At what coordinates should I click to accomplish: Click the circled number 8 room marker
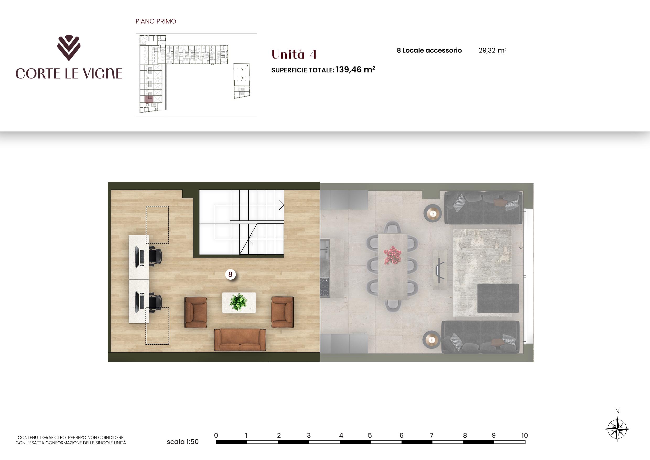tap(230, 274)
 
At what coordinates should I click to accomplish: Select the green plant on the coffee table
tap(239, 302)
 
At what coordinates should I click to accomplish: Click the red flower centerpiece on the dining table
tap(392, 255)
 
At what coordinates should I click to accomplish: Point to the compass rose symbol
tap(617, 429)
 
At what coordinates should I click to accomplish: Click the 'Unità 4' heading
tap(294, 54)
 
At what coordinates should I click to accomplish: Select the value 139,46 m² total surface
tap(355, 70)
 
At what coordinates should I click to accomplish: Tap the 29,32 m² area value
tap(492, 50)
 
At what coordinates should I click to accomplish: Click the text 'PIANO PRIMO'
tap(156, 21)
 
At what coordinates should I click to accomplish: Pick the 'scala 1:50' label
tap(183, 442)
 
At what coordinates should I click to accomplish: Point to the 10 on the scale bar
tap(524, 435)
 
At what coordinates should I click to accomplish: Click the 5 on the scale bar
tap(370, 435)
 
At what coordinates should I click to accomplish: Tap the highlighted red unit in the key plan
tap(149, 99)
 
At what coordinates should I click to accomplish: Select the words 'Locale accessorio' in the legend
tap(432, 50)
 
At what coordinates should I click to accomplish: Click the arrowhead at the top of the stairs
tap(281, 205)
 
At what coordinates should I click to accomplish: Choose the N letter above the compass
tap(617, 411)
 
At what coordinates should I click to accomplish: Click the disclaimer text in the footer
tap(71, 440)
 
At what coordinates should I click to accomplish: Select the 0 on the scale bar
tap(216, 435)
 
